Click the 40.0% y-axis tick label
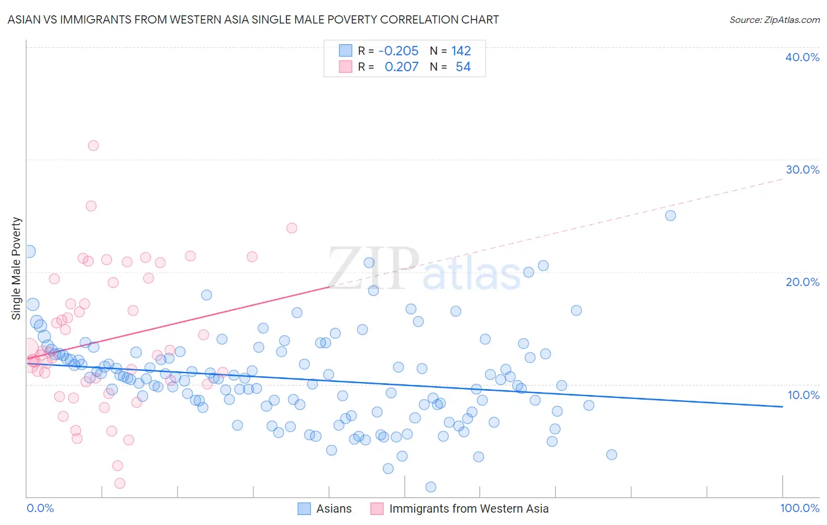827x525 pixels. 802,57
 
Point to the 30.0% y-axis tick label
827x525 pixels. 802,170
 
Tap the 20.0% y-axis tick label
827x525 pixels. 802,282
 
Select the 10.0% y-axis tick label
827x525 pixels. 802,395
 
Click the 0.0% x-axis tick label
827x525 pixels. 40,508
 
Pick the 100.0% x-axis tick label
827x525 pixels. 799,508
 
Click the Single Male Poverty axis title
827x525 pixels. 16,268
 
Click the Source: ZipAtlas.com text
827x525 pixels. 774,19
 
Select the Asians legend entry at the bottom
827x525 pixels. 334,509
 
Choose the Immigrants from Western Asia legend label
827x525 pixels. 468,509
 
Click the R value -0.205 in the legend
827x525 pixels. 398,51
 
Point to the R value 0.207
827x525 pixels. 401,67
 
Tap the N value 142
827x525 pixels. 461,51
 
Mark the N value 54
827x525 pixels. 463,67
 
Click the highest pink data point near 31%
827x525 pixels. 93,145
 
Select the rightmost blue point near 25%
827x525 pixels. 670,215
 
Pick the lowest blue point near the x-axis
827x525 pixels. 431,487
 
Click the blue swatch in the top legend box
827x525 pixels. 345,51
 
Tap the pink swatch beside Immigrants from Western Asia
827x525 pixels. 377,509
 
